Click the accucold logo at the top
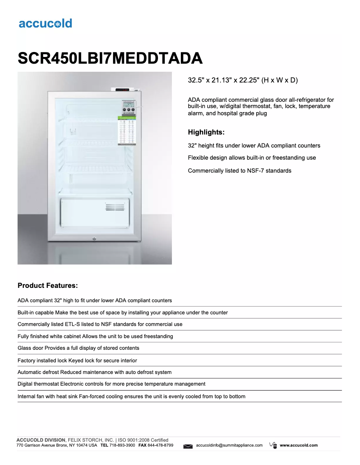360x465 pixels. coord(45,23)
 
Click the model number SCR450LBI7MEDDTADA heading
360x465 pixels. coord(110,58)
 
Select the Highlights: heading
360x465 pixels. coord(206,132)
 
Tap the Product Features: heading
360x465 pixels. coord(48,285)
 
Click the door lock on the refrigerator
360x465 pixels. coord(95,239)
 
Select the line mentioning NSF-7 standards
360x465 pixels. coord(239,170)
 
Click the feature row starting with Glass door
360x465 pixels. coord(79,348)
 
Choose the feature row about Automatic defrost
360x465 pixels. coord(94,372)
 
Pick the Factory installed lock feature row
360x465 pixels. coord(77,360)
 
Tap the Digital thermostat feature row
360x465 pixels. coord(111,384)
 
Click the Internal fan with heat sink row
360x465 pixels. coord(132,396)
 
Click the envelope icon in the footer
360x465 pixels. coord(188,446)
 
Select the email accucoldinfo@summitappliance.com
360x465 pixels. coord(229,445)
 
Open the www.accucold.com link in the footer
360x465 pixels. coord(299,445)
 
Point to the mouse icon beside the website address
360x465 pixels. coord(272,445)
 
